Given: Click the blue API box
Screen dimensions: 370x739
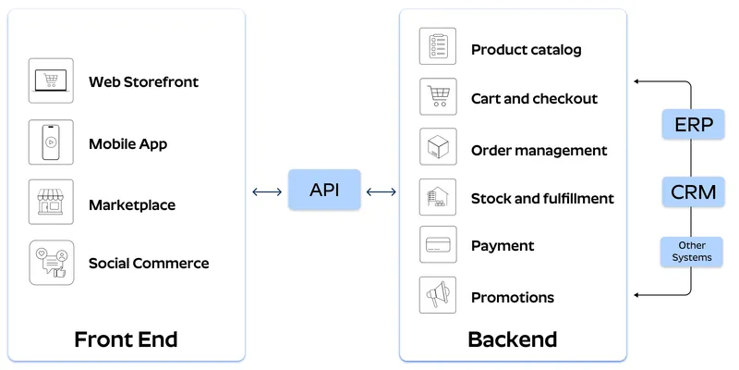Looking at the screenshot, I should coord(323,190).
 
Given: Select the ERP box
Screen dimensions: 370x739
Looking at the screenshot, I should coord(693,124).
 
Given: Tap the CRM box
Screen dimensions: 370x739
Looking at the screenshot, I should coord(693,192).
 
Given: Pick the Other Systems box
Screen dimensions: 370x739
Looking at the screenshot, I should coord(692,252).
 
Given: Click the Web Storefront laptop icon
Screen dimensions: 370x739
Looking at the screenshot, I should coord(51,81).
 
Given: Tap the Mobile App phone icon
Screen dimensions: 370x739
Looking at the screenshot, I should coord(51,142).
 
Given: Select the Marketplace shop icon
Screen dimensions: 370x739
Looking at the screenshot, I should coord(51,203).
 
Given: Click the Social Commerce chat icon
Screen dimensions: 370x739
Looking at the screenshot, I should coord(51,263).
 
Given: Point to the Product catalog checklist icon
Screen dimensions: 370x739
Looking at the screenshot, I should coord(438,46).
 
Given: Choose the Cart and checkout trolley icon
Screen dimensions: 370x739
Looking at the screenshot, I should coord(438,96).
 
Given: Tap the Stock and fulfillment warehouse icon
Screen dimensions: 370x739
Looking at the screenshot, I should coord(438,197).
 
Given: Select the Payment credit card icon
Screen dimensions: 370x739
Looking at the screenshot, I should coord(438,245).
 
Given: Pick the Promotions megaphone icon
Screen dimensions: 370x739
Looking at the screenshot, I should coord(438,295).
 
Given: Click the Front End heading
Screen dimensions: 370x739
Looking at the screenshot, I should coord(126,339).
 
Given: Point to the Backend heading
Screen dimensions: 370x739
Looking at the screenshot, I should coord(512,339).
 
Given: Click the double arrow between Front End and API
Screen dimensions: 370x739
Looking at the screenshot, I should coord(267,191).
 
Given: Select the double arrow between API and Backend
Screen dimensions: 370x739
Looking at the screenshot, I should coord(381,191).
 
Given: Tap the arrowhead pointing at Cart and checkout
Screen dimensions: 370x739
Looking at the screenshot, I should coord(637,81).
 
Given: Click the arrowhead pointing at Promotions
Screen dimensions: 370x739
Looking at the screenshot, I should coord(637,295).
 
